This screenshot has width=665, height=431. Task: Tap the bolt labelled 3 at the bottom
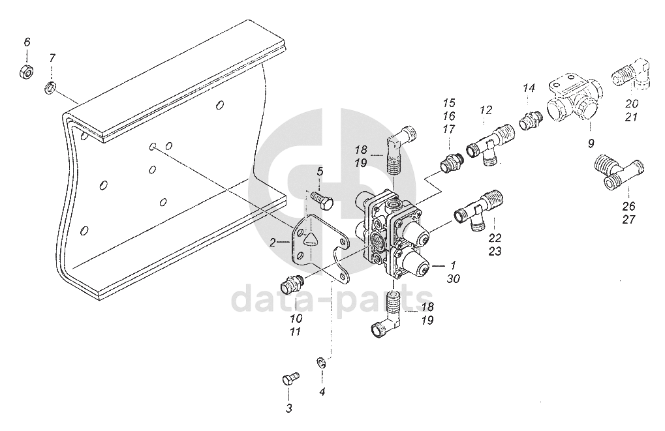[x=290, y=378]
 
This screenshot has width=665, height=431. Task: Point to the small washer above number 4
[x=321, y=363]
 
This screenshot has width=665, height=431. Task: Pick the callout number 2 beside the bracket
[x=273, y=243]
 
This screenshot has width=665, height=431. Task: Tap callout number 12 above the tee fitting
[x=486, y=110]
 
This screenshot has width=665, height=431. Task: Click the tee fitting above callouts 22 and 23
[x=479, y=211]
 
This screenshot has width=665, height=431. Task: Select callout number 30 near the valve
[x=453, y=279]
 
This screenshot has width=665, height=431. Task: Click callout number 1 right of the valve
[x=452, y=266]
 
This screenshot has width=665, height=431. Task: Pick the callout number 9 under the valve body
[x=591, y=143]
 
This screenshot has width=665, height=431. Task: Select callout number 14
[x=529, y=89]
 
